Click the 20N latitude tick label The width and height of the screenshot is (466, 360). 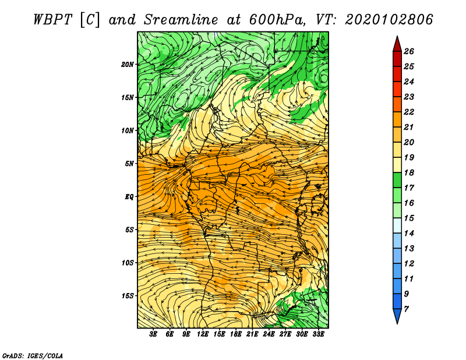tap(128, 65)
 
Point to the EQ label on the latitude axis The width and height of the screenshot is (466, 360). tap(129, 197)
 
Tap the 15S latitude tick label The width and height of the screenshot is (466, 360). tap(128, 296)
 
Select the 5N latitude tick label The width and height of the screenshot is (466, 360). tap(129, 164)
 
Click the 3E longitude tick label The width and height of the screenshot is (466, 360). tap(153, 334)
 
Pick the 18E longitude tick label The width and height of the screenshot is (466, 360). tap(236, 334)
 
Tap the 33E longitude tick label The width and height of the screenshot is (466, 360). tap(318, 334)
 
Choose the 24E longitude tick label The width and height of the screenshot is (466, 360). tap(269, 334)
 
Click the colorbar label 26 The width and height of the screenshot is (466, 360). tap(409, 51)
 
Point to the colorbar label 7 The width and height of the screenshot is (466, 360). tap(407, 309)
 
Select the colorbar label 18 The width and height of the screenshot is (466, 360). tap(409, 172)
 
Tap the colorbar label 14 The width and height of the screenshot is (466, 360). tap(409, 234)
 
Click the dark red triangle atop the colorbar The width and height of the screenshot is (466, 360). tap(397, 45)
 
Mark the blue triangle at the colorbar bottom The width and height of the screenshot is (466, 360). tap(397, 315)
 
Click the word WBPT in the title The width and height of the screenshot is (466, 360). tap(52, 20)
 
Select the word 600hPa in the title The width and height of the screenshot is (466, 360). tap(277, 20)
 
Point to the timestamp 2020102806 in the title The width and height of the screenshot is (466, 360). tap(389, 20)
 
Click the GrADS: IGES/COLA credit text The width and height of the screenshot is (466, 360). tap(33, 355)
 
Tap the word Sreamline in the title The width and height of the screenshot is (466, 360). tap(181, 20)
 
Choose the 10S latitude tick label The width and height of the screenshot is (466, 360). tap(128, 263)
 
